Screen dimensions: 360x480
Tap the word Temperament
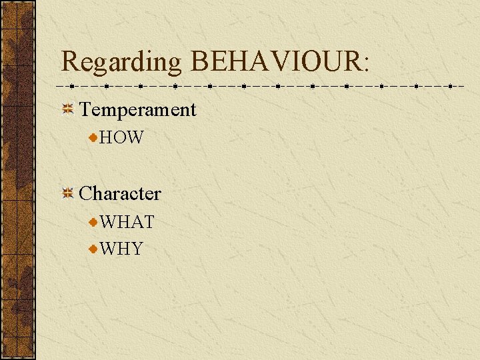pos(138,109)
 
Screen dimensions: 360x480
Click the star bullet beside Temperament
pos(67,109)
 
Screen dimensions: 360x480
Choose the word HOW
pos(121,138)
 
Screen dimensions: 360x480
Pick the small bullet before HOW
pos(94,138)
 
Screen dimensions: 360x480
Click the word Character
pos(120,193)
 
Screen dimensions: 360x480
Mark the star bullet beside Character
pos(67,193)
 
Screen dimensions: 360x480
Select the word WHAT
pos(127,222)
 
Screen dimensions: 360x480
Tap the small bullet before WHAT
pos(94,222)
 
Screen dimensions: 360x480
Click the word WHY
pos(121,249)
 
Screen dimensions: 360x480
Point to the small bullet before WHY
pos(94,249)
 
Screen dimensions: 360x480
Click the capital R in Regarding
pos(70,62)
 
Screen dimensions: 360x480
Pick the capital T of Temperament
pos(86,109)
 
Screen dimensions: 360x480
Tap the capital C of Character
pos(86,193)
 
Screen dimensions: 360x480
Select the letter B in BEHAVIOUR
pos(200,62)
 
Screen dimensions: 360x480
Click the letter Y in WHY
pos(136,249)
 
